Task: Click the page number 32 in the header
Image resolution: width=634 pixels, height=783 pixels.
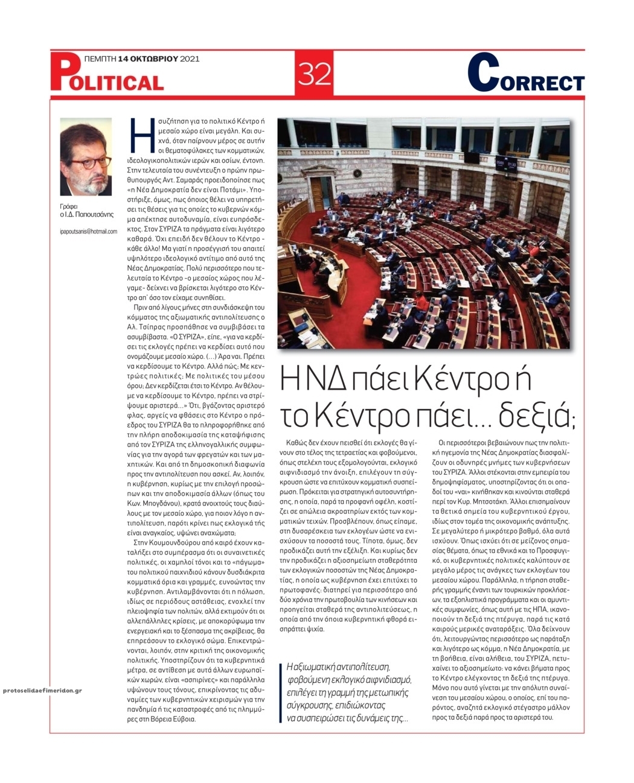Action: (315, 74)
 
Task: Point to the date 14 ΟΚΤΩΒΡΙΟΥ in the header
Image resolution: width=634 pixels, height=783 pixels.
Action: (147, 59)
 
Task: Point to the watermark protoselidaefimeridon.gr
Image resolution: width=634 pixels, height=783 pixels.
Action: (42, 690)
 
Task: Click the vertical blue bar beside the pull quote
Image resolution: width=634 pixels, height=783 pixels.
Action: (280, 693)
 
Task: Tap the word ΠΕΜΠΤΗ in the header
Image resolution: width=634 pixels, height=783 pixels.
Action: (100, 59)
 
